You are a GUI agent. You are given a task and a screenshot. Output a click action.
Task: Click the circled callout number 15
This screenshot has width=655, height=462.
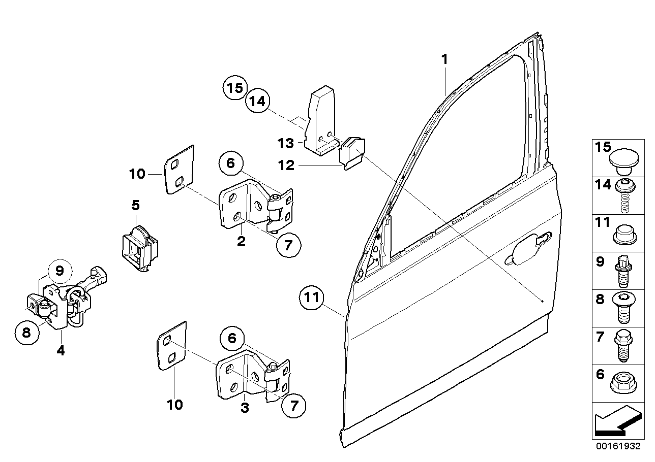point(235,88)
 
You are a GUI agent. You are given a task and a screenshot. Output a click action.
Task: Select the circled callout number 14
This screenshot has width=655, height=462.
point(258,102)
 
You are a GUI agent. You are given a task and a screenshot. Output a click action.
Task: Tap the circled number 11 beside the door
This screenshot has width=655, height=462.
point(312,298)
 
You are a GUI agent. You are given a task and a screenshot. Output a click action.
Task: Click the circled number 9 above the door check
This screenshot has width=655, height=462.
point(60,271)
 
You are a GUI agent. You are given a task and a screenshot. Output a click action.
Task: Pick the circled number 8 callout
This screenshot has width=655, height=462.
point(27,333)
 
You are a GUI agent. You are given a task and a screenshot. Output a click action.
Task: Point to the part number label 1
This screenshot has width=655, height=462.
point(444,60)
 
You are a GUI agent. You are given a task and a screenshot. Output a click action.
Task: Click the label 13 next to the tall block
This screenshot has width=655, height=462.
point(286,143)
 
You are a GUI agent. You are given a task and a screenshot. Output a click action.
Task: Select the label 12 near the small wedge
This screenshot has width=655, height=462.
point(286,166)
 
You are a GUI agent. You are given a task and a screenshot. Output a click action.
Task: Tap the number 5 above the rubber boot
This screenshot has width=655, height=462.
point(135,206)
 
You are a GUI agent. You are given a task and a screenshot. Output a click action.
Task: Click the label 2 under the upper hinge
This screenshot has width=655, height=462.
point(241,242)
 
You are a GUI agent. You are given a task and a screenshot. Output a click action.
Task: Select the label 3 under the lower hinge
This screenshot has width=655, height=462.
point(245,408)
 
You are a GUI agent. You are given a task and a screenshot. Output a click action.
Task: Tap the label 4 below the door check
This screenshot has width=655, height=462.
point(61,350)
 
